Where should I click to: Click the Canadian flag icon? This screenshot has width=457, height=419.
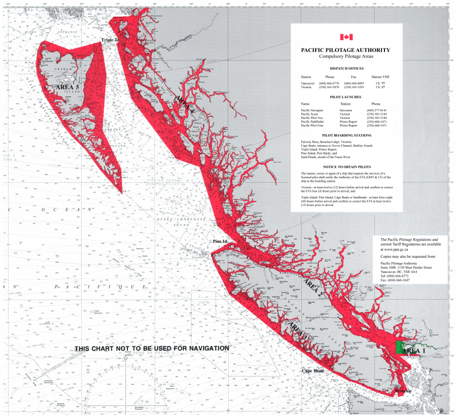click(346, 37)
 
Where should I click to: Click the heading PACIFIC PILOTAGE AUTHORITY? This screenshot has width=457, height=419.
click(345, 50)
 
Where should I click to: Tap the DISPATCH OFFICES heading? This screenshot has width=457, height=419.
click(346, 68)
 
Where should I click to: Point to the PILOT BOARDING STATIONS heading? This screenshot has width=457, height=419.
click(346, 135)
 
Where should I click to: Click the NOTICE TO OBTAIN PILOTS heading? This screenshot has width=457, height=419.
click(346, 166)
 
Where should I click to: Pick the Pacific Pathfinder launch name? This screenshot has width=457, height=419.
click(313, 121)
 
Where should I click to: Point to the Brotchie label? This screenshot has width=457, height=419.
click(403, 391)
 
